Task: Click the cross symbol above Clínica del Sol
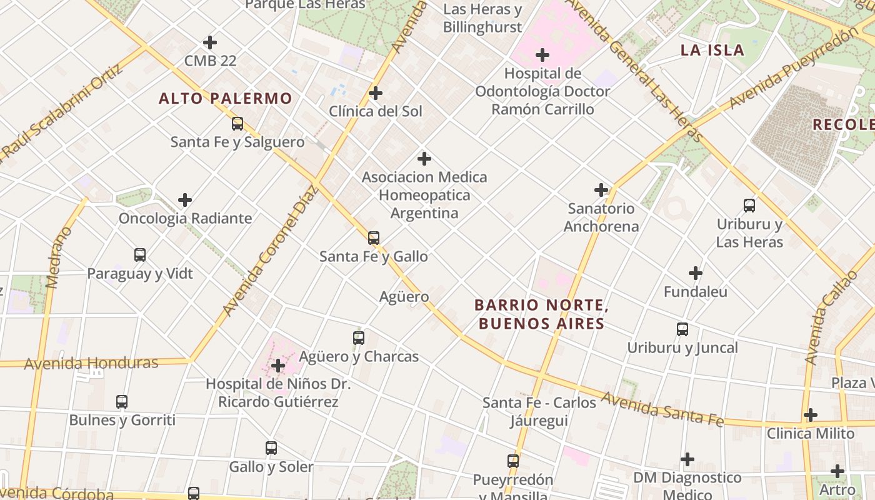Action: pos(376,93)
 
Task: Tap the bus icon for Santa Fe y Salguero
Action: pos(237,124)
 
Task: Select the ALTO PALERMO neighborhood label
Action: pos(225,98)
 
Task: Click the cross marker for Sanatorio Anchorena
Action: pos(601,190)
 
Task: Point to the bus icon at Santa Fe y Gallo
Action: pos(374,238)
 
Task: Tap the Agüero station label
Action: pos(404,296)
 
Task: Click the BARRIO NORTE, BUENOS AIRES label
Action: pos(541,314)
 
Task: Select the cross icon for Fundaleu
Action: pos(696,273)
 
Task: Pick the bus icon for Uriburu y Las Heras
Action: pos(749,206)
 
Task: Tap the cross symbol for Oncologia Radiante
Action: pos(185,200)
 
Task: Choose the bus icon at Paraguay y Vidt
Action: pos(140,255)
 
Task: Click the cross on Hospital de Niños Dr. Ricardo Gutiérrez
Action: pos(278,366)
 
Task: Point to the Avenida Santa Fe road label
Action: pos(662,409)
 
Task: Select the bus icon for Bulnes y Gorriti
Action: pos(122,402)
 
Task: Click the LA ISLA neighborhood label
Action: pos(712,50)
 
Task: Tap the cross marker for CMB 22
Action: pos(210,42)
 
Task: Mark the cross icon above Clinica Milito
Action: pos(811,415)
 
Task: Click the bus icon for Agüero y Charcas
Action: pos(359,338)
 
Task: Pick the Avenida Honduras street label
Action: pos(91,363)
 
